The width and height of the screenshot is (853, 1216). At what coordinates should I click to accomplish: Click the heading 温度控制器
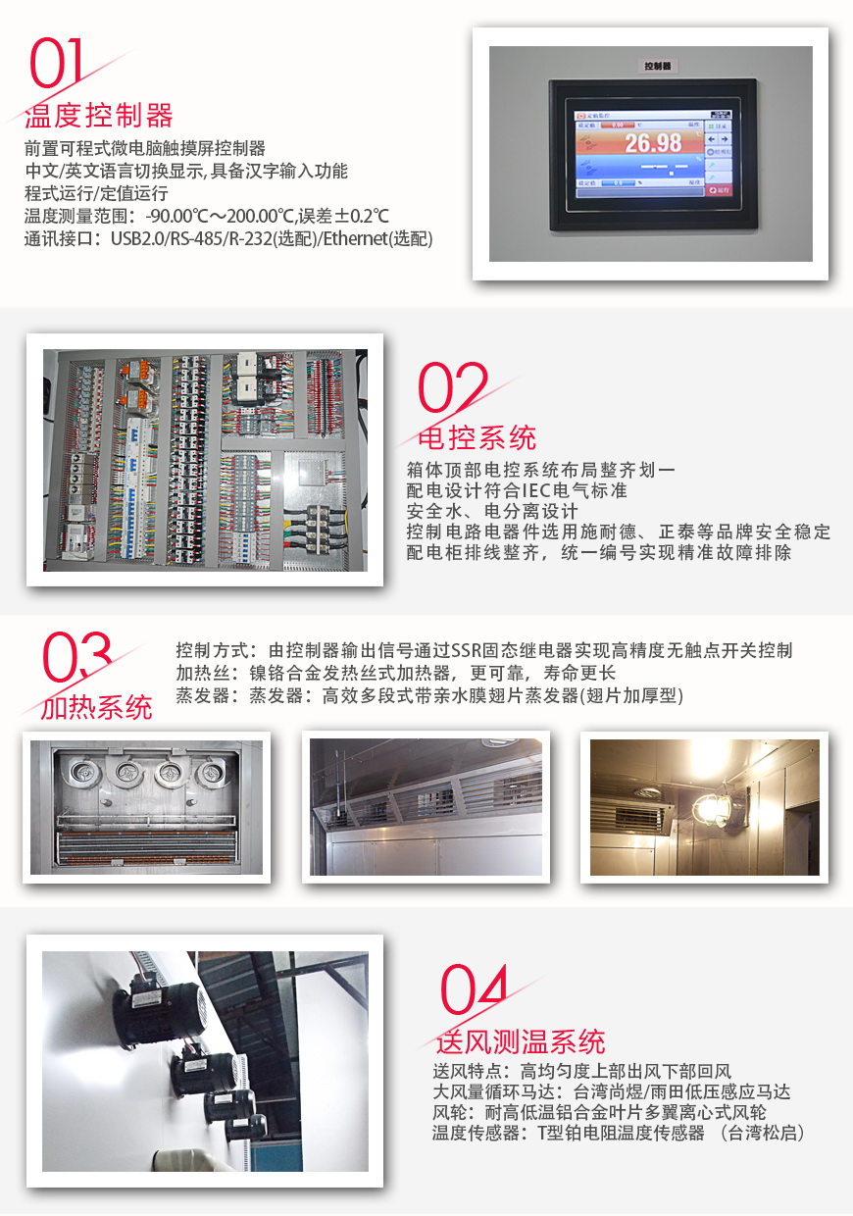pyautogui.click(x=98, y=116)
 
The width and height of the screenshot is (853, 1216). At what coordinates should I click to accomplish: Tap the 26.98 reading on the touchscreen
pyautogui.click(x=653, y=143)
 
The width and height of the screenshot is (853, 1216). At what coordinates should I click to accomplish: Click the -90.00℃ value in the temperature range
pyautogui.click(x=179, y=216)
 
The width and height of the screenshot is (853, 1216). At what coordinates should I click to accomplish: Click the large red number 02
pyautogui.click(x=452, y=388)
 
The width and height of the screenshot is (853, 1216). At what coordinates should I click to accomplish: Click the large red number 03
pyautogui.click(x=76, y=658)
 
